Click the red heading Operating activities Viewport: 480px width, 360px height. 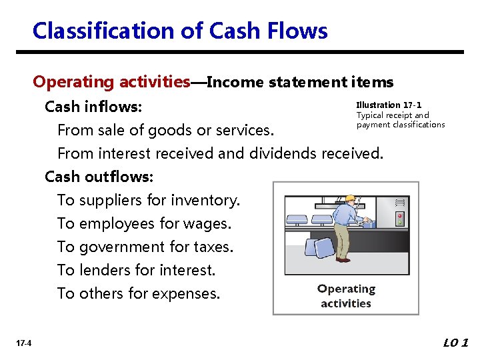(111, 82)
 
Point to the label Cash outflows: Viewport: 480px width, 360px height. (99, 177)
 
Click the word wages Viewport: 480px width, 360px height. (209, 223)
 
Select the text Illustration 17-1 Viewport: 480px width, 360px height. (389, 105)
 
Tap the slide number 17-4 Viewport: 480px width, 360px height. (23, 343)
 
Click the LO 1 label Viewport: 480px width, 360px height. (456, 343)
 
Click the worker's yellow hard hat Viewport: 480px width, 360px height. (349, 198)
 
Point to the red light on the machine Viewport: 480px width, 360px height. (400, 216)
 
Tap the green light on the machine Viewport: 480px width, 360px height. (400, 223)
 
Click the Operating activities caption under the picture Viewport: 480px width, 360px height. (346, 296)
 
